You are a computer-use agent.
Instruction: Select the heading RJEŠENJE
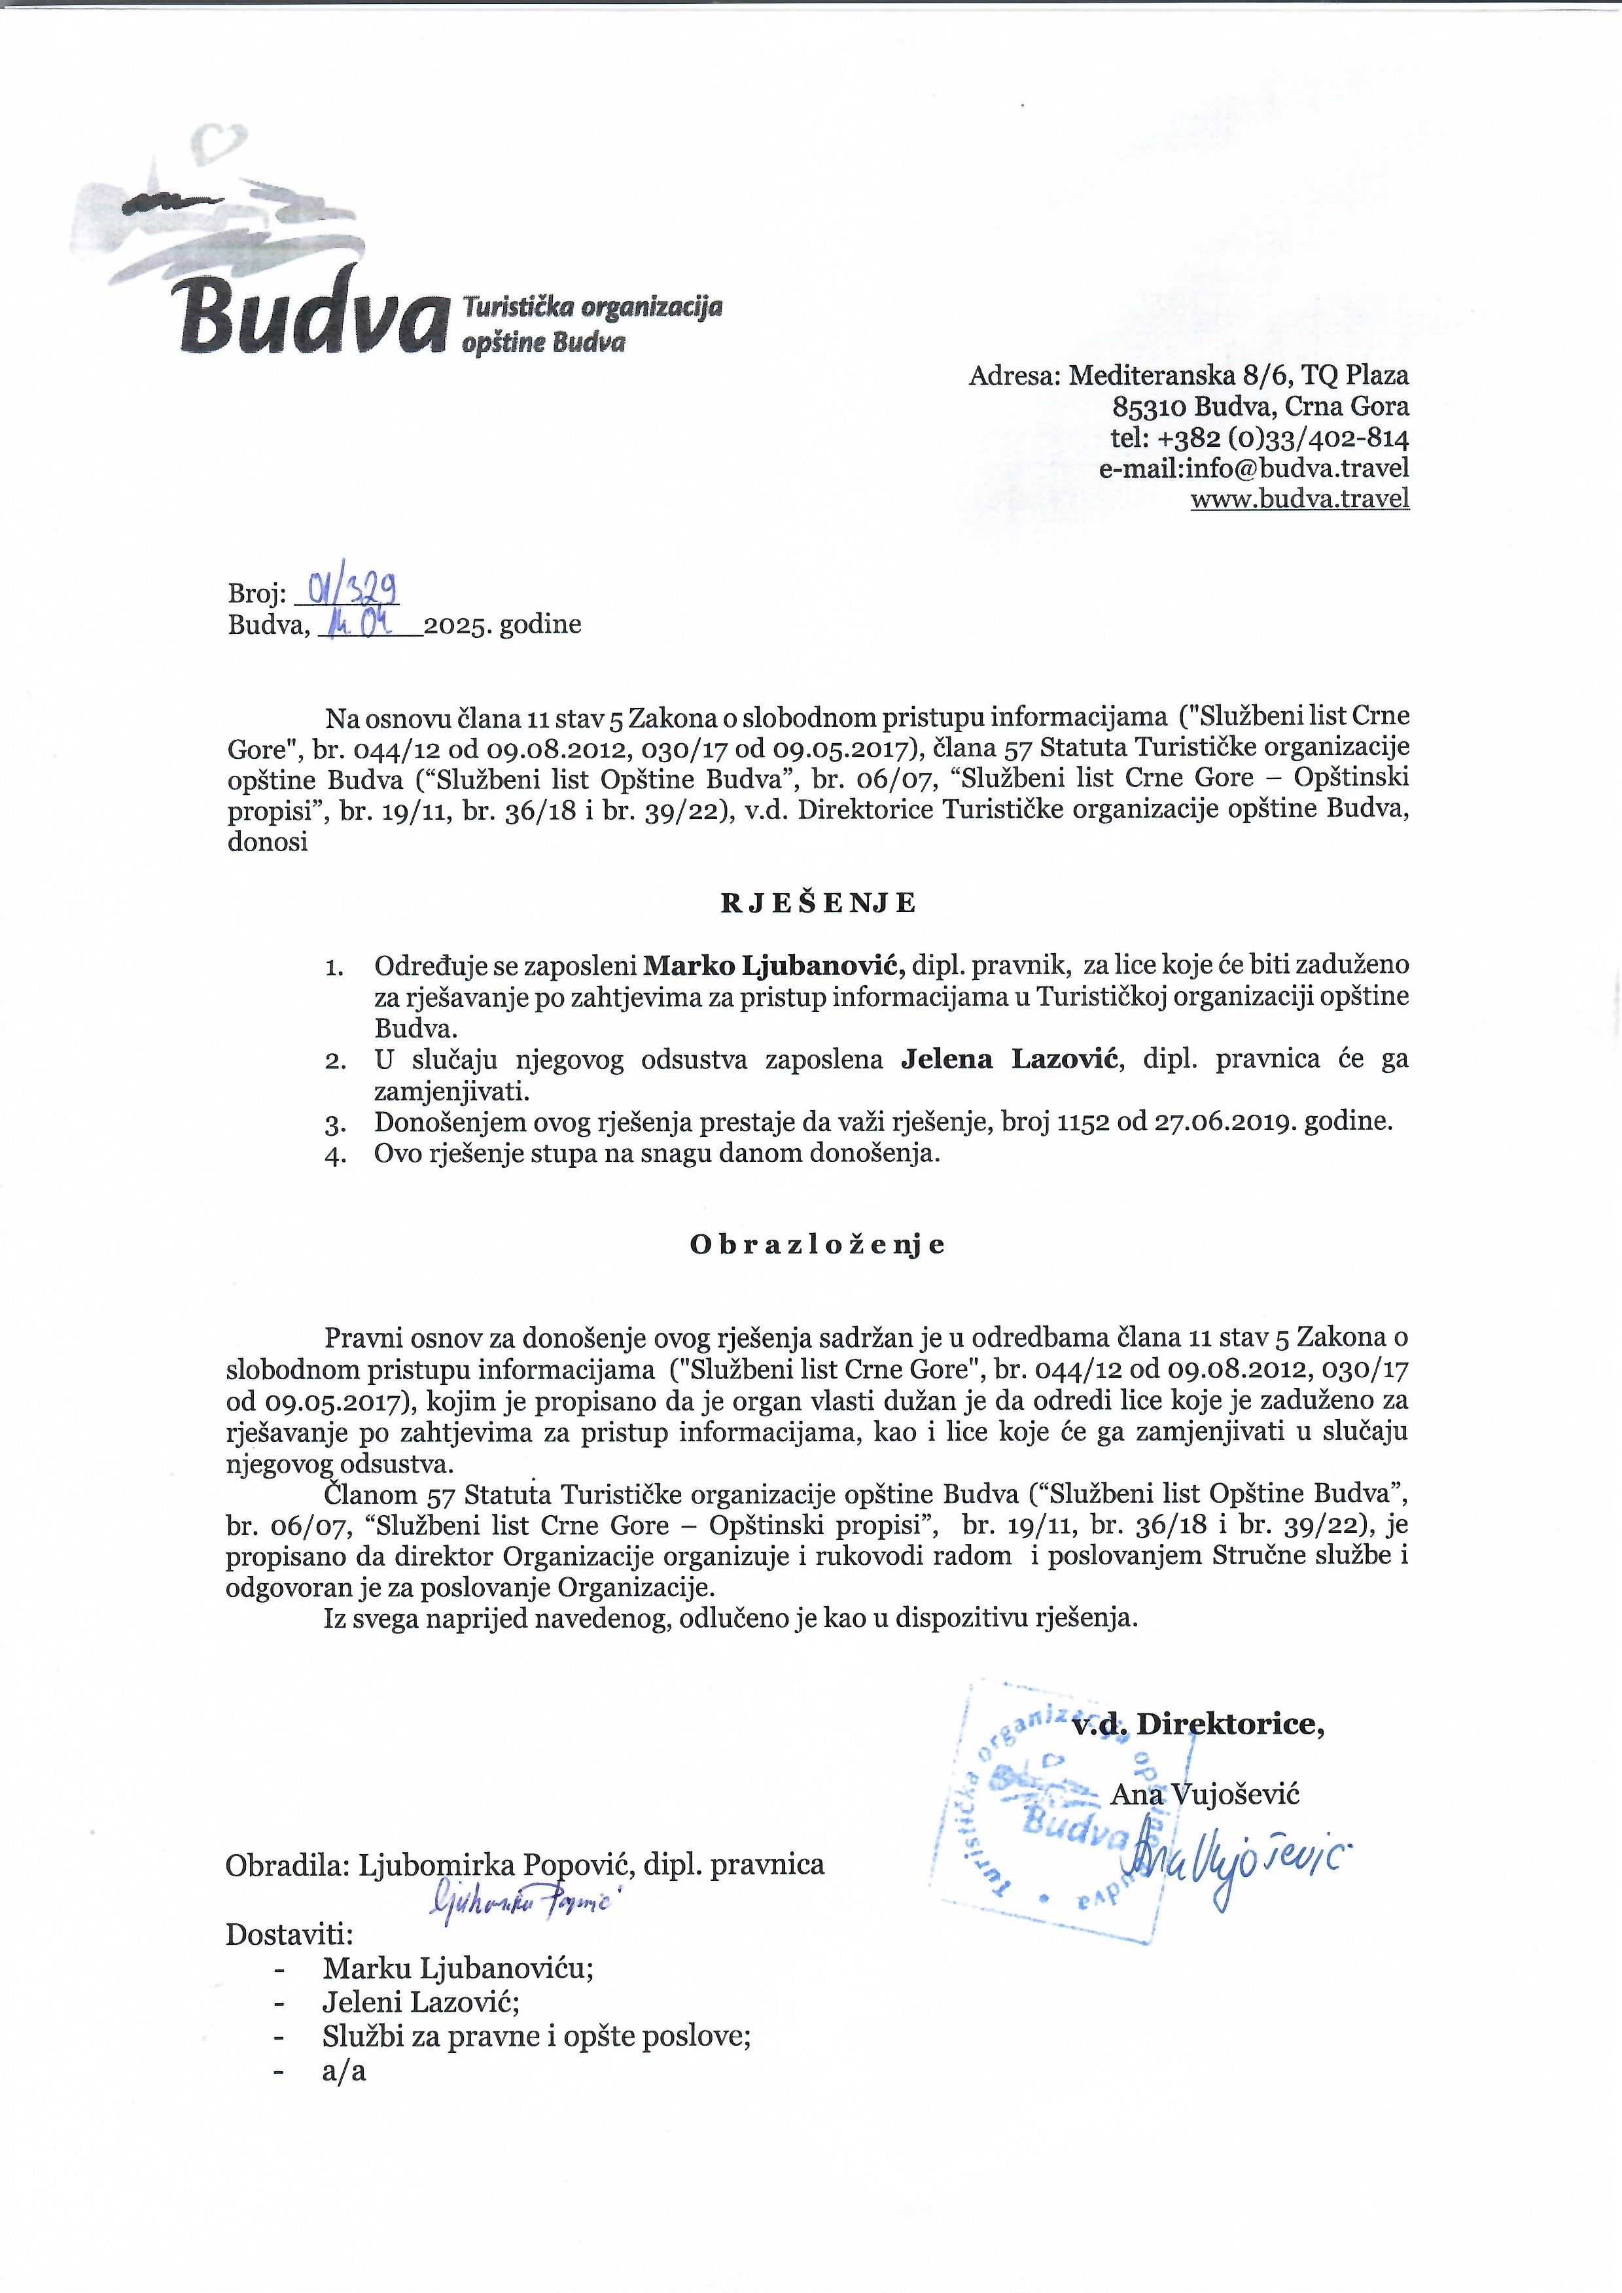click(x=818, y=903)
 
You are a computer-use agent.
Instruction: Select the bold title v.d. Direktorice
click(x=1197, y=1724)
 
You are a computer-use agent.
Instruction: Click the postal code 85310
click(x=1148, y=406)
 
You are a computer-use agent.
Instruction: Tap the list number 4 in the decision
click(x=336, y=1155)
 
